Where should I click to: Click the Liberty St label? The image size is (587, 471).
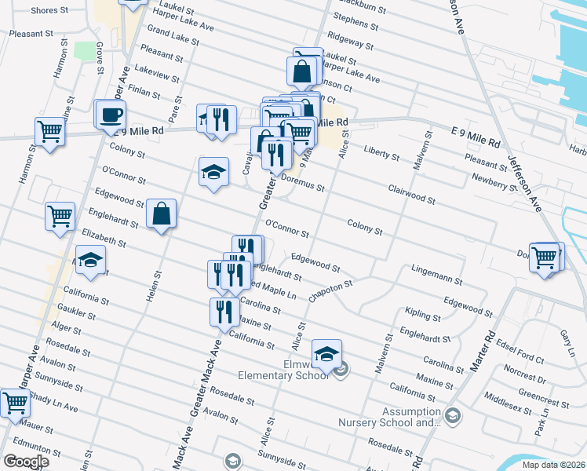[x=381, y=152]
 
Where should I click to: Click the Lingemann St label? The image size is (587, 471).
[x=436, y=274]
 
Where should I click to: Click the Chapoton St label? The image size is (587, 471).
[x=331, y=290]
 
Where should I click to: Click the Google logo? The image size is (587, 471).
[x=27, y=461]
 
